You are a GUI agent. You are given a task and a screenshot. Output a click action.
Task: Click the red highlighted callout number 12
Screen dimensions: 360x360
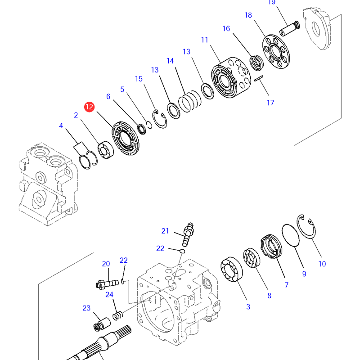89,107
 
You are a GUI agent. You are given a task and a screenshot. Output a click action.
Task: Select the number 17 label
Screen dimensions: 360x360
270,103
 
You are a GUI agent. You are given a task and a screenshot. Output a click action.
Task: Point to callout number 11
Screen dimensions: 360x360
205,40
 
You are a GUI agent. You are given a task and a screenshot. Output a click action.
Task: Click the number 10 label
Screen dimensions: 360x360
322,264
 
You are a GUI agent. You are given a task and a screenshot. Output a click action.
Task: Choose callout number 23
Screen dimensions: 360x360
86,308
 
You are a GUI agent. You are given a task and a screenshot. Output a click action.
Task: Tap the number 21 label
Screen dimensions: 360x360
165,231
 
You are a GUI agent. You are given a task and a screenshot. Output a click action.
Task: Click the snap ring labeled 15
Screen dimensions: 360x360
160,119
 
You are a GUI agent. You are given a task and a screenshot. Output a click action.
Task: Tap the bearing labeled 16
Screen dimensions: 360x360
257,63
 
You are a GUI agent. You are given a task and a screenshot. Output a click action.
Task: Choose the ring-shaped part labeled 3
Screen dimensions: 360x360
231,272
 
